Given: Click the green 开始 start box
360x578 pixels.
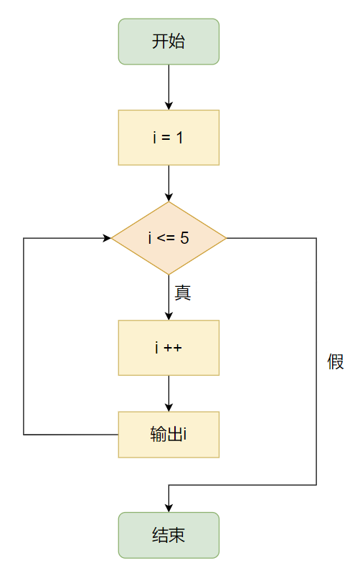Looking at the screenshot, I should coord(169,42).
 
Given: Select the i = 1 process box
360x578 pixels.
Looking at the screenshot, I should coord(169,137).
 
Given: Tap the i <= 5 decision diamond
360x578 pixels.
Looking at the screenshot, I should coord(169,238).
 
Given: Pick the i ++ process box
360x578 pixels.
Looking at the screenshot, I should coord(169,348).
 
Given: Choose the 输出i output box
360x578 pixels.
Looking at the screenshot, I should coord(169,435).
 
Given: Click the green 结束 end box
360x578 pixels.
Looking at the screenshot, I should coord(169,535).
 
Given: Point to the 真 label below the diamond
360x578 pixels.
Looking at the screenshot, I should coord(183,293).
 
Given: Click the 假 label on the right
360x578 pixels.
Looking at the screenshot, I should coord(336,362).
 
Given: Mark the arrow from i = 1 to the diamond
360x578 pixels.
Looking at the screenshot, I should coord(169,183).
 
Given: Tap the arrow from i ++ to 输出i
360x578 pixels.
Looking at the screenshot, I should coord(169,393).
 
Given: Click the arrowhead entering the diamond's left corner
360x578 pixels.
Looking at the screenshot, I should coord(107,238).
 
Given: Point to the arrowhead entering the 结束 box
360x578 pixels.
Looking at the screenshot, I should coord(169,508).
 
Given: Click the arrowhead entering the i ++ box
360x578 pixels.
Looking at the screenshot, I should coord(169,316).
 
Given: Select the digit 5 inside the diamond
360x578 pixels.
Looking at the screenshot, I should coord(185,238).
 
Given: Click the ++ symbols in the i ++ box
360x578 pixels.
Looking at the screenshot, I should coord(173,348).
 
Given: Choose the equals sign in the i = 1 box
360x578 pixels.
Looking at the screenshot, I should coord(167,137).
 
